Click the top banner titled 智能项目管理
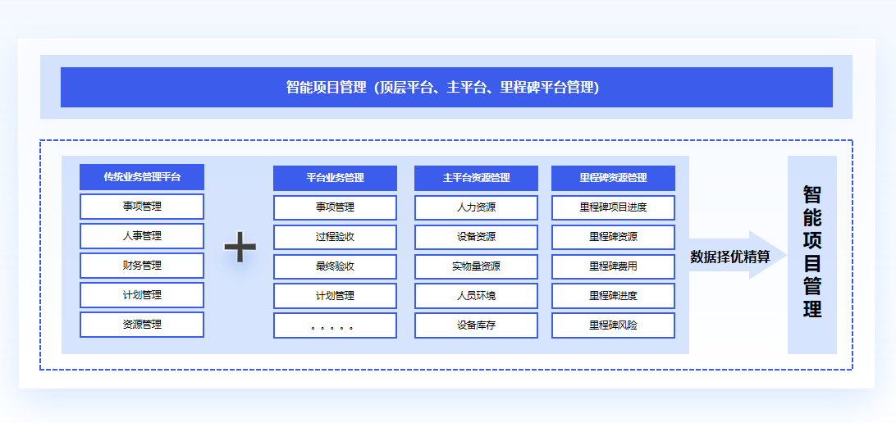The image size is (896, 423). (x=446, y=88)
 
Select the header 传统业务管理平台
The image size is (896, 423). (x=142, y=177)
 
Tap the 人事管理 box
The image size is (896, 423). (x=142, y=236)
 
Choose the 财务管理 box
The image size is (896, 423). (x=142, y=266)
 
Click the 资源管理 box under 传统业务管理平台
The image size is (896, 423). (x=142, y=325)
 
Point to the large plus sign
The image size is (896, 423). (x=240, y=248)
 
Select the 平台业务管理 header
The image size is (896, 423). (x=335, y=178)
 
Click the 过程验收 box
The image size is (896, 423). (x=335, y=237)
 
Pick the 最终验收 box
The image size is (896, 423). (x=335, y=266)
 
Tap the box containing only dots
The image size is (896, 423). (x=335, y=325)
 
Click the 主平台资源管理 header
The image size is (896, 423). (x=476, y=178)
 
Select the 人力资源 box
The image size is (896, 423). (x=476, y=207)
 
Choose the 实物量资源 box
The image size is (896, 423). (x=476, y=266)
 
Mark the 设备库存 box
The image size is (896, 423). (x=476, y=325)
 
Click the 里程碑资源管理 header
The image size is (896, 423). (x=613, y=178)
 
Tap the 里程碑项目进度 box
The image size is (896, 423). (x=613, y=207)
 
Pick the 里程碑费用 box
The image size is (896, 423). (x=613, y=266)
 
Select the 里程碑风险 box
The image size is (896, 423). (x=613, y=325)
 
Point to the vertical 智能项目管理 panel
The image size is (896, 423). (x=812, y=255)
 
